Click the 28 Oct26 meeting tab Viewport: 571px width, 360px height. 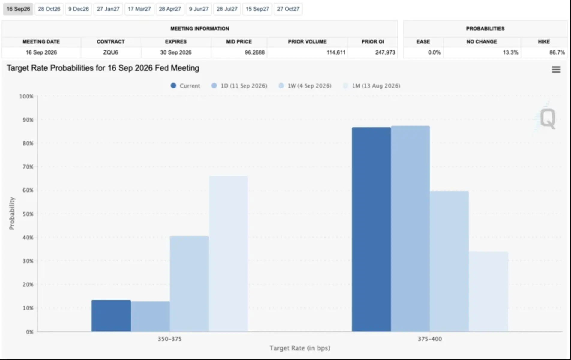49,9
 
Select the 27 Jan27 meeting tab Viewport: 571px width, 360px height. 108,9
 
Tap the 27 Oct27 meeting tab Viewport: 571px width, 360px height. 288,9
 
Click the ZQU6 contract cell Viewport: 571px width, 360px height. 111,52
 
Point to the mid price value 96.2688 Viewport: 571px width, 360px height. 255,52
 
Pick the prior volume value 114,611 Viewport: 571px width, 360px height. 336,52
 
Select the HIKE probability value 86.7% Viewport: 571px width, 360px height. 557,52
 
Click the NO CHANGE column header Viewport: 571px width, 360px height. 482,41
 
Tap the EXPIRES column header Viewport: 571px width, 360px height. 176,41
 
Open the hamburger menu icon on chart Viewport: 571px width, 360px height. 556,70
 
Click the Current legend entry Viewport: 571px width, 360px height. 185,86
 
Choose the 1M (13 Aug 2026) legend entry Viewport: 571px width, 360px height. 372,86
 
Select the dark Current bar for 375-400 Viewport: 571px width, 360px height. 371,229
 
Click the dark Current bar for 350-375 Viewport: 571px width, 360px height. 111,316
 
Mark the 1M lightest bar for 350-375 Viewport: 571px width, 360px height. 228,254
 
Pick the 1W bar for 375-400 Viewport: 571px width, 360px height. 449,261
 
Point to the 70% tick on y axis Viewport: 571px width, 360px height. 28,167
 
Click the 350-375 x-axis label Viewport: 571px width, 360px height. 170,339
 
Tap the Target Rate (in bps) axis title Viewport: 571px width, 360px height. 300,348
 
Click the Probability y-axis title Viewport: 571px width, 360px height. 12,214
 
